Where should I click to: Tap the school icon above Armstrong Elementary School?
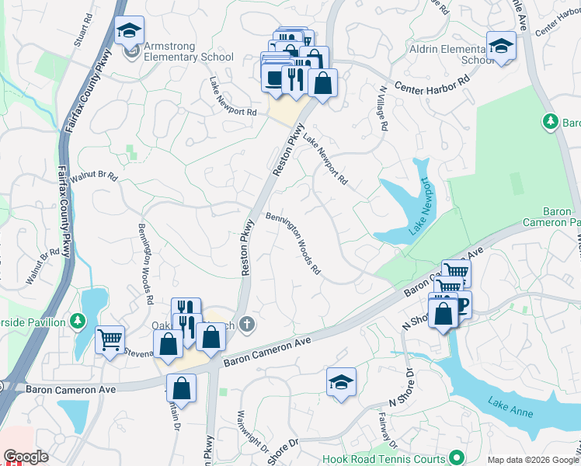click(x=129, y=31)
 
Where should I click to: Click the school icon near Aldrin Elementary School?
click(x=501, y=46)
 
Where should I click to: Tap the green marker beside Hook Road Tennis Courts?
click(x=457, y=457)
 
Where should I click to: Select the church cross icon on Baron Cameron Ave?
click(x=247, y=322)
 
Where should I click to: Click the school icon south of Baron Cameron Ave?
click(x=340, y=383)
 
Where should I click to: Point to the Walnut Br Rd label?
click(x=93, y=177)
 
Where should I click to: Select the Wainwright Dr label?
click(x=251, y=431)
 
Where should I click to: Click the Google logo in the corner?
click(x=26, y=457)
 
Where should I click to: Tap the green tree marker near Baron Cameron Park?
click(x=550, y=121)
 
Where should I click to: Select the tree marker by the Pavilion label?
click(x=78, y=321)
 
